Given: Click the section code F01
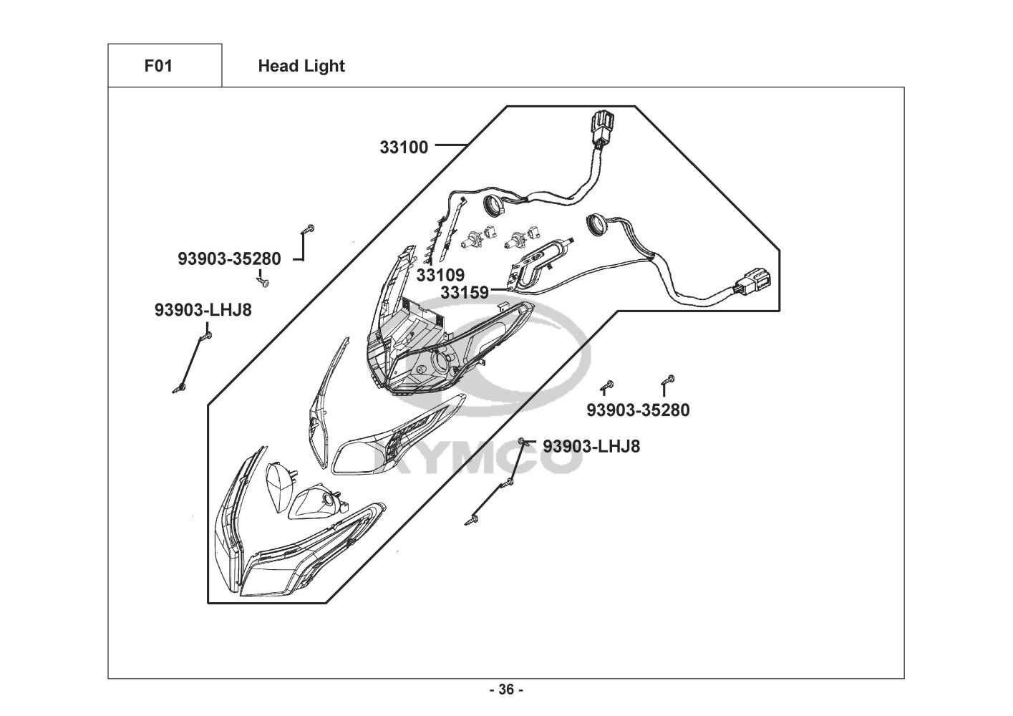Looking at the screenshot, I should click(x=158, y=66).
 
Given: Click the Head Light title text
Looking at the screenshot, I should click(x=301, y=66).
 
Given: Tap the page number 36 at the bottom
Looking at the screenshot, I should click(x=506, y=690).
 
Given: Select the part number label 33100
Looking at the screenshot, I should click(x=404, y=147).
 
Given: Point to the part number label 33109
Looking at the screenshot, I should click(x=440, y=275).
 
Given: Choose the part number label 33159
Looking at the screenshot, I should click(x=464, y=292).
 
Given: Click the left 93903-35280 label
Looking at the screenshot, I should click(x=229, y=258).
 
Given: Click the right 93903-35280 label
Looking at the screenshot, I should click(x=638, y=410).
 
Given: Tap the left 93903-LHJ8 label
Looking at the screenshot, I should click(x=203, y=310).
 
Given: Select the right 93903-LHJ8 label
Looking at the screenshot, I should click(x=591, y=446).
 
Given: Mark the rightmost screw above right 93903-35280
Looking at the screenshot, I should click(x=670, y=379).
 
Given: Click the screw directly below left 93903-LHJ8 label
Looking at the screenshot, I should click(x=208, y=334).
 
